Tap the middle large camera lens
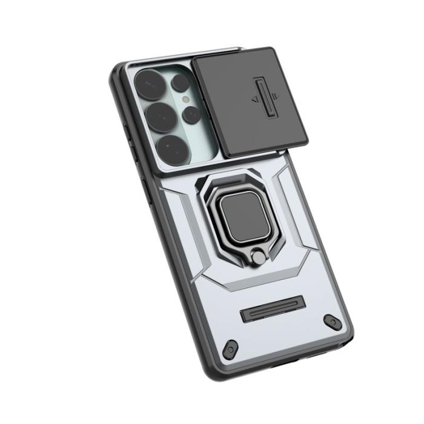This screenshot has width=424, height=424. [159, 114]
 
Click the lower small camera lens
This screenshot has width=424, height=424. [191, 113]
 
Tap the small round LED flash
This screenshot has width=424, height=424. [186, 98]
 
